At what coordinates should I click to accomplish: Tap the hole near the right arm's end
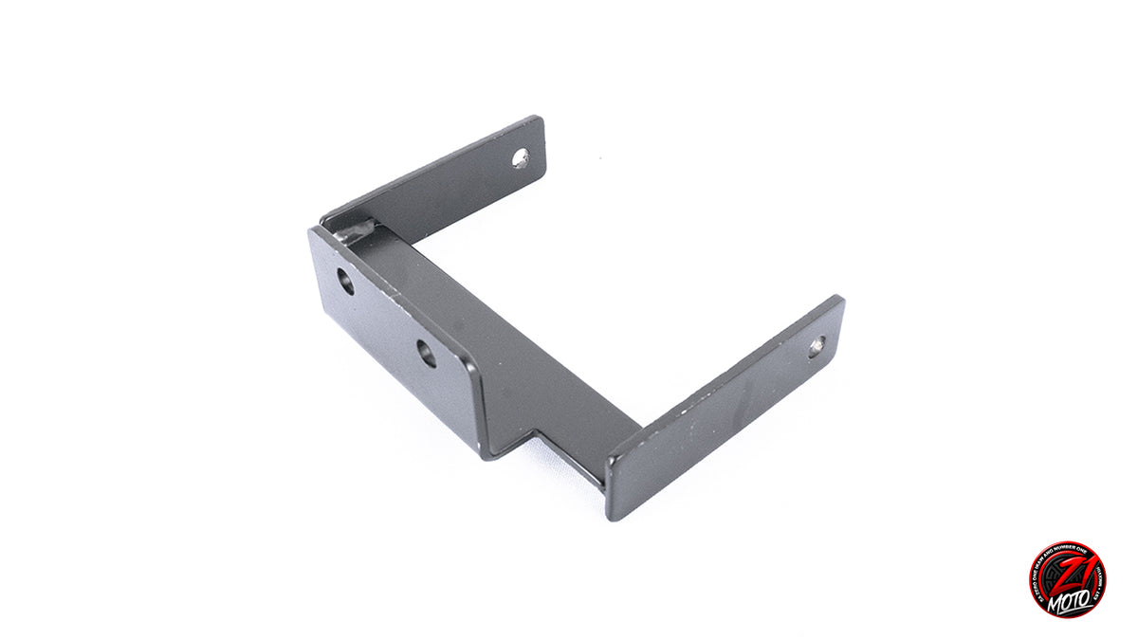coord(817,347)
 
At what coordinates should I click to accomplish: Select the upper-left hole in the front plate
coord(346,281)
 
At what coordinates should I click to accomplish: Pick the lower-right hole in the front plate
coord(428,354)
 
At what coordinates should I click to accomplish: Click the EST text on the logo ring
coord(1096,593)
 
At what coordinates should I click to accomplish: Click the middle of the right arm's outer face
coord(721,408)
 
